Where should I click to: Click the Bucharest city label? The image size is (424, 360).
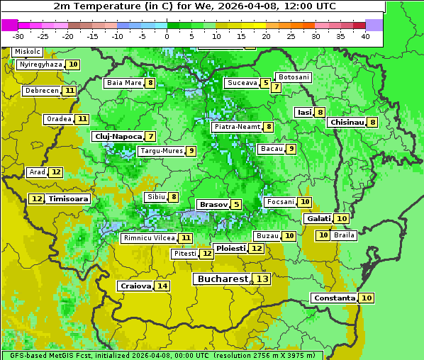pyautogui.click(x=223, y=279)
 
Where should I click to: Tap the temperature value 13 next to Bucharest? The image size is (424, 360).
pyautogui.click(x=262, y=279)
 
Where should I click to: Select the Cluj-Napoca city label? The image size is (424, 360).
pyautogui.click(x=118, y=136)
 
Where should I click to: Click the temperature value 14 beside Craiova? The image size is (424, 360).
pyautogui.click(x=162, y=286)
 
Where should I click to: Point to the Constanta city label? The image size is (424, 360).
pyautogui.click(x=334, y=298)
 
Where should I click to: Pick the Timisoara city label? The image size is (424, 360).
pyautogui.click(x=69, y=199)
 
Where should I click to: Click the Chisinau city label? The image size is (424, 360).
pyautogui.click(x=347, y=122)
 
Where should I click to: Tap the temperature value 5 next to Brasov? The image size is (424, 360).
pyautogui.click(x=236, y=204)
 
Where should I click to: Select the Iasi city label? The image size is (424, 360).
pyautogui.click(x=304, y=112)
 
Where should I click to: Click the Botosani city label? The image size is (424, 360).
pyautogui.click(x=294, y=77)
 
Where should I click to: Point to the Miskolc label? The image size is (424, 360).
pyautogui.click(x=28, y=52)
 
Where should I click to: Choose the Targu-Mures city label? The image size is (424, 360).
pyautogui.click(x=162, y=151)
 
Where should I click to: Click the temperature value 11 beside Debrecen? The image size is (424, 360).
pyautogui.click(x=69, y=91)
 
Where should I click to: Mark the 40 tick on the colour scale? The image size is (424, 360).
pyautogui.click(x=365, y=36)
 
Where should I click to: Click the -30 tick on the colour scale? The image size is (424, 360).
pyautogui.click(x=18, y=36)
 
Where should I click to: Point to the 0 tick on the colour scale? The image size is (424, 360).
pyautogui.click(x=167, y=36)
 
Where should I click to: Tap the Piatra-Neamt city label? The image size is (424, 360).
pyautogui.click(x=237, y=127)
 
